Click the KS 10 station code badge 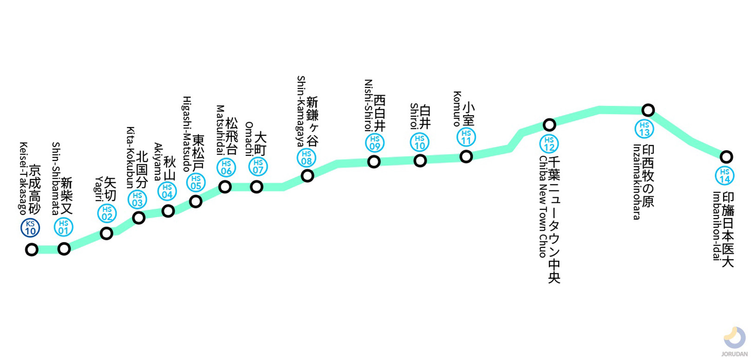click(30, 228)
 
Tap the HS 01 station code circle click(63, 227)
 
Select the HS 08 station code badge click(306, 158)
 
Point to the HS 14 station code click(724, 176)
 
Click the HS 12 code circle click(549, 144)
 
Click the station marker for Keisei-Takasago click(32, 250)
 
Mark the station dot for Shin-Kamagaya click(307, 176)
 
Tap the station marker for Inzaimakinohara click(648, 110)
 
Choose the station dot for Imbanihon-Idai click(726, 157)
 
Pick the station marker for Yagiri click(106, 233)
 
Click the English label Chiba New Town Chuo click(542, 207)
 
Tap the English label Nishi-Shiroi click(369, 105)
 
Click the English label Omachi click(249, 139)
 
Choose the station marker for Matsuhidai click(225, 187)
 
